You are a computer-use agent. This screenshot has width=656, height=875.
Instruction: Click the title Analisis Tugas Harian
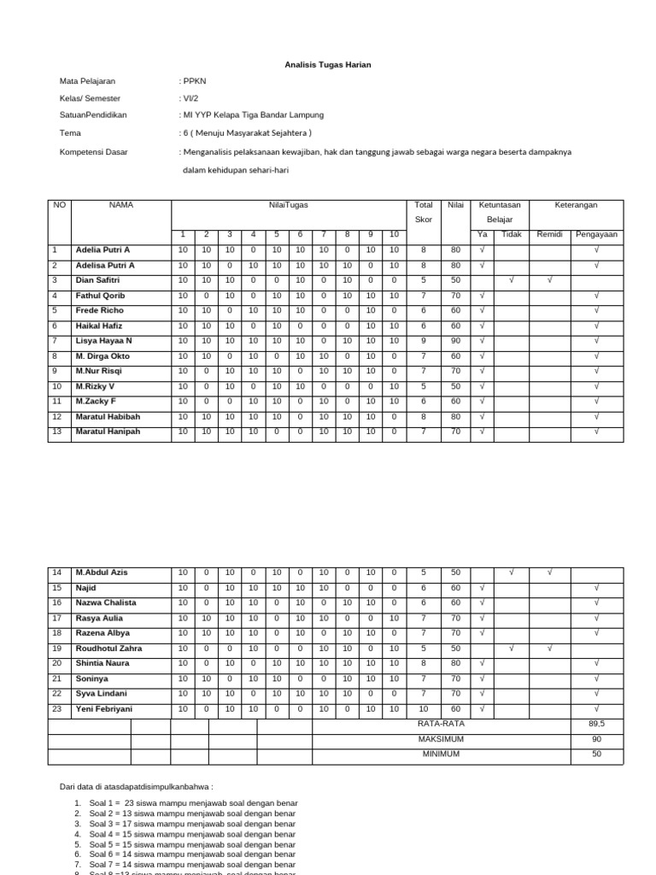(x=328, y=65)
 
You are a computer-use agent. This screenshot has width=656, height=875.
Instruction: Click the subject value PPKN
(x=195, y=81)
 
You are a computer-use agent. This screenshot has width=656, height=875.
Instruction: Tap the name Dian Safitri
(x=99, y=280)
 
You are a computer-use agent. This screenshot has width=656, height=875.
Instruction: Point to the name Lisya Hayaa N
(x=103, y=341)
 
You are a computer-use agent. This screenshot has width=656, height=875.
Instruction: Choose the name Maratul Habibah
(x=108, y=416)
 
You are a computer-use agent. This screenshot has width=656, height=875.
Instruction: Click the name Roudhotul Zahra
(x=108, y=649)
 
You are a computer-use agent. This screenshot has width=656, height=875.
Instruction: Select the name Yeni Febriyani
(x=104, y=709)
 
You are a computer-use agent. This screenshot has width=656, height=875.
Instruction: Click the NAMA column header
(x=120, y=205)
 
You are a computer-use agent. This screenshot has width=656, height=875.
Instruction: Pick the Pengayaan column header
(x=596, y=234)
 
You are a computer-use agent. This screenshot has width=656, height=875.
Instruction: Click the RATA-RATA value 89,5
(x=596, y=724)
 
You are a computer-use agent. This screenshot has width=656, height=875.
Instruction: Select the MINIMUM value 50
(x=596, y=755)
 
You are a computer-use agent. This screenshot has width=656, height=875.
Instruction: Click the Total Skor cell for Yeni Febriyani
(x=423, y=709)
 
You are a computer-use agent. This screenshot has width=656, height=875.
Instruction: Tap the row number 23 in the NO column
(x=58, y=709)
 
